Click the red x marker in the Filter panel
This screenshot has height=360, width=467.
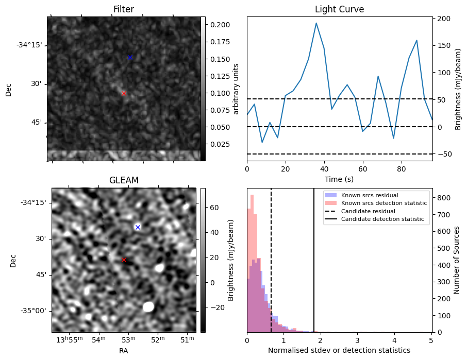(x=124, y=93)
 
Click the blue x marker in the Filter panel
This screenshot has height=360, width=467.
(x=130, y=57)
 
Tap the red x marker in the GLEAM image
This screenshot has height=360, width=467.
(x=124, y=260)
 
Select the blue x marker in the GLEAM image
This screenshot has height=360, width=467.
(x=138, y=227)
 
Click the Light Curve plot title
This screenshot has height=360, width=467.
(x=339, y=9)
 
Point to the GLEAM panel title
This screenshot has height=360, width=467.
(x=124, y=180)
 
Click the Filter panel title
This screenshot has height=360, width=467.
(x=124, y=9)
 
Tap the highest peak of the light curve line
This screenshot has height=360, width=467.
(x=316, y=23)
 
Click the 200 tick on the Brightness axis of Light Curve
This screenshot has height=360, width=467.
(x=444, y=19)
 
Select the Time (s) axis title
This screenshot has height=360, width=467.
(x=339, y=179)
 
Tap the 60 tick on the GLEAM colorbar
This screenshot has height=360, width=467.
(x=213, y=208)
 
